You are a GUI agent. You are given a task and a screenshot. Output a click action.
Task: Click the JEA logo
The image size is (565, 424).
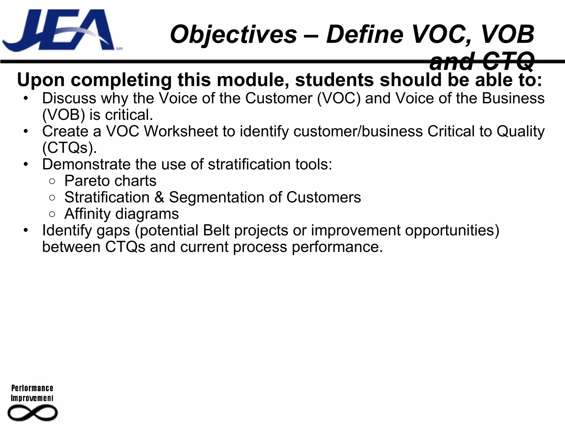pyautogui.click(x=59, y=30)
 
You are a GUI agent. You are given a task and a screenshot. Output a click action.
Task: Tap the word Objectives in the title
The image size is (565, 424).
pyautogui.click(x=233, y=34)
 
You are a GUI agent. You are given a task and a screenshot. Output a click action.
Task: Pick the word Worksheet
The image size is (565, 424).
pyautogui.click(x=181, y=131)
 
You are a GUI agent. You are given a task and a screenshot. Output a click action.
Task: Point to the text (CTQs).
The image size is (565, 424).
pyautogui.click(x=70, y=148)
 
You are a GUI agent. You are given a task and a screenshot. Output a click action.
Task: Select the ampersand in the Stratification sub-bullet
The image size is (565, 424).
pyautogui.click(x=159, y=197)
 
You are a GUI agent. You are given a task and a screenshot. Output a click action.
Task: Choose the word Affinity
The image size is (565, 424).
pyautogui.click(x=87, y=214)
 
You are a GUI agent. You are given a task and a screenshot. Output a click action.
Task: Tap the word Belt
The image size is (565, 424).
pyautogui.click(x=216, y=230)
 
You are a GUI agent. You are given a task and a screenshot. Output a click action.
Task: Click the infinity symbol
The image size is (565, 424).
pyautogui.click(x=32, y=413)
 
